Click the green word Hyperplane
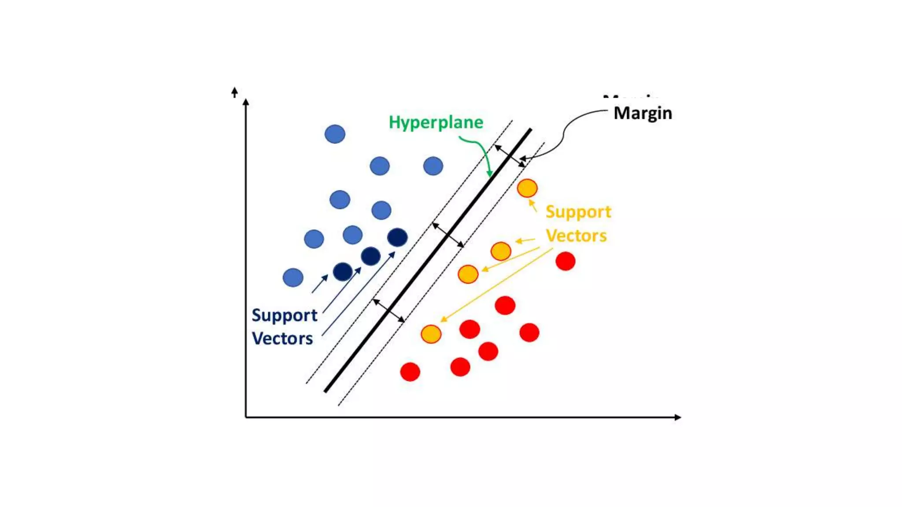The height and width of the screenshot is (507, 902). tap(436, 122)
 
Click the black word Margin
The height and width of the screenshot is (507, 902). tap(643, 113)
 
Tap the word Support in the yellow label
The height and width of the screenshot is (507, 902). tap(578, 212)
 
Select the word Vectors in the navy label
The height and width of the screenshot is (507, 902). tap(282, 338)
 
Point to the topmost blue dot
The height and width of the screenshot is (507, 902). tap(335, 134)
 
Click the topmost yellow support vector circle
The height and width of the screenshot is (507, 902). tap(527, 188)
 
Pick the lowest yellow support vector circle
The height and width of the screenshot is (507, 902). tap(431, 334)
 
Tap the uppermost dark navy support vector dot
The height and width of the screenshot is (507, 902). tap(397, 237)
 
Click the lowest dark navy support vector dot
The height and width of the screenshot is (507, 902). tap(343, 272)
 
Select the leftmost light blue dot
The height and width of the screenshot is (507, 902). tap(293, 278)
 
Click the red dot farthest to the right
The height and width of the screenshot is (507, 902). tap(566, 261)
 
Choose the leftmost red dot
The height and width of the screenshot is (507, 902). tap(410, 372)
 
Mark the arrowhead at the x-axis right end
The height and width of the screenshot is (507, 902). tap(678, 417)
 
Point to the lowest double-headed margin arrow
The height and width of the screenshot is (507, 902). tap(388, 311)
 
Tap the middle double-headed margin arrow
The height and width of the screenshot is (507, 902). tap(447, 235)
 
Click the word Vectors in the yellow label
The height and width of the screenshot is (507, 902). tap(576, 236)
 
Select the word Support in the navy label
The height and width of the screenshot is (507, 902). tap(285, 315)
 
